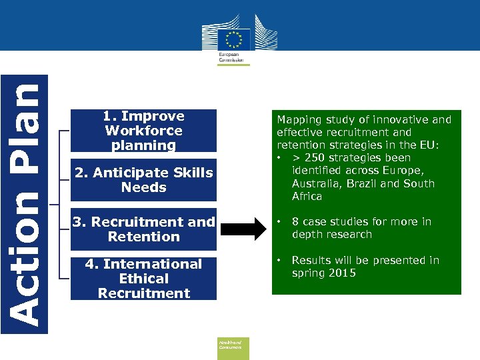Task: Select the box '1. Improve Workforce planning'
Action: (144, 131)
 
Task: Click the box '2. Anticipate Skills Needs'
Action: (144, 180)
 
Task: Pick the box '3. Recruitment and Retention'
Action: (144, 229)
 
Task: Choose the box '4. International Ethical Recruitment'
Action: (144, 279)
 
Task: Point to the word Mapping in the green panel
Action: (298, 120)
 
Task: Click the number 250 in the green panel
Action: (315, 158)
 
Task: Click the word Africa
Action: (307, 196)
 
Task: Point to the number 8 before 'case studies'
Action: (295, 221)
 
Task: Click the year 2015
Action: (342, 273)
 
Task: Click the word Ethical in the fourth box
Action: (144, 279)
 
